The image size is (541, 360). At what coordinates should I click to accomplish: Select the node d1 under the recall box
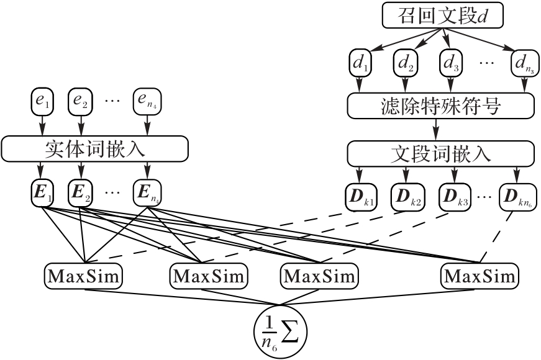360,63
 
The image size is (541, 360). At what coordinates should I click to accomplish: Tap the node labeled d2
405,63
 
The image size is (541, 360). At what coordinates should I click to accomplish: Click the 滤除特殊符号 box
441,106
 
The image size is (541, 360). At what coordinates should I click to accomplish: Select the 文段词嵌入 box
441,153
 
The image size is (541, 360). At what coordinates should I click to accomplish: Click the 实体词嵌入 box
95,148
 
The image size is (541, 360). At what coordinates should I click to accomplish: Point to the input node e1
42,102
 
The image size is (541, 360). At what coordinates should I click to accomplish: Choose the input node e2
81,102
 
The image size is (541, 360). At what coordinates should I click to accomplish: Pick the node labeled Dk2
406,196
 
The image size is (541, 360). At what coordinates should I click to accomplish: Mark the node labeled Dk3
453,196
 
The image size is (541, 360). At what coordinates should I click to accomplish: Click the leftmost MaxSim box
84,274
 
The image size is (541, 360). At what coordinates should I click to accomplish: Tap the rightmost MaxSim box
480,274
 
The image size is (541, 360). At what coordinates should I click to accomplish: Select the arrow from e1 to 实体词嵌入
42,125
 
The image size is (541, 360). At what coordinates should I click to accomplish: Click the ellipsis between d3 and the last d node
487,63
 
